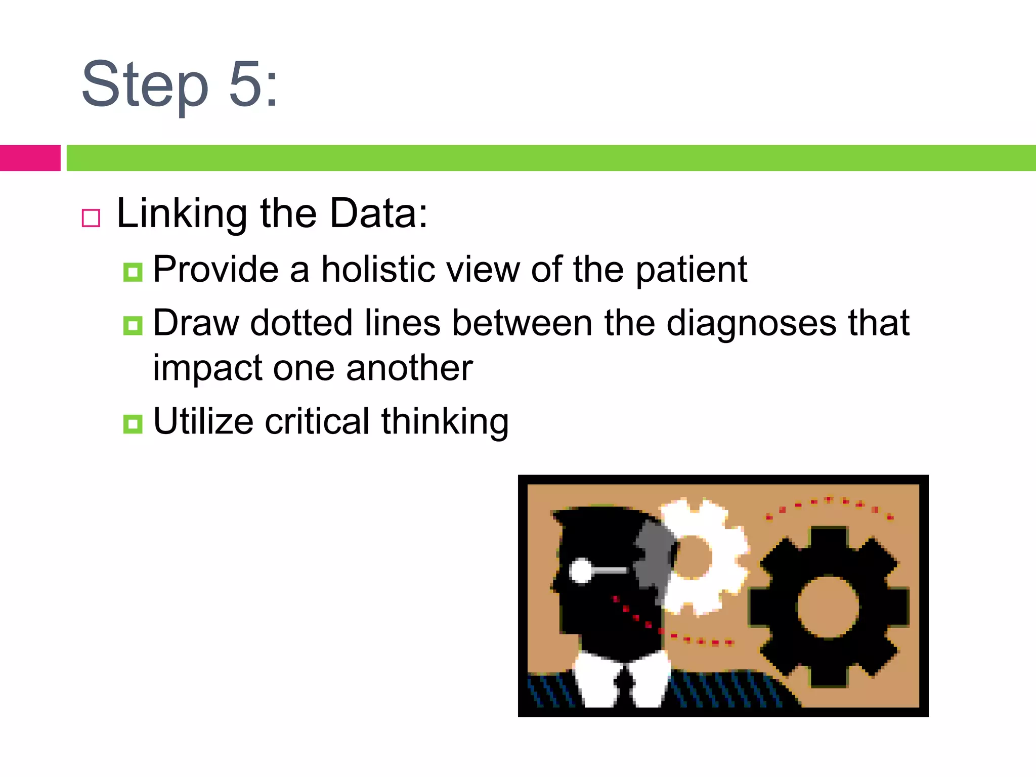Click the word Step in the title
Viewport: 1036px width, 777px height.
click(x=145, y=85)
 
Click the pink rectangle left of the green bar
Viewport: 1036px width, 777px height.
click(x=30, y=158)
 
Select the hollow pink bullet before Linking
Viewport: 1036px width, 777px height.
click(x=91, y=218)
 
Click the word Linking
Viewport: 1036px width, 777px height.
click(x=182, y=214)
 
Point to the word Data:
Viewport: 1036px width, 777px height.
click(x=378, y=213)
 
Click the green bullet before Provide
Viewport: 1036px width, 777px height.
click(x=133, y=273)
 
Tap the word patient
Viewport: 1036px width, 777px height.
click(x=691, y=270)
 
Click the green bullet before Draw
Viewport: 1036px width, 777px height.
click(x=133, y=326)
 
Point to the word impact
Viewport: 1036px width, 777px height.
click(x=207, y=368)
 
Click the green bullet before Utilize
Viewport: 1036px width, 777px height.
click(x=133, y=424)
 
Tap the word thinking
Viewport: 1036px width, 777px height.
click(x=445, y=422)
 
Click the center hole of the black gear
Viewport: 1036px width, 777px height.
click(x=828, y=607)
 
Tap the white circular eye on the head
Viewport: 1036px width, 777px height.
click(x=581, y=571)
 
